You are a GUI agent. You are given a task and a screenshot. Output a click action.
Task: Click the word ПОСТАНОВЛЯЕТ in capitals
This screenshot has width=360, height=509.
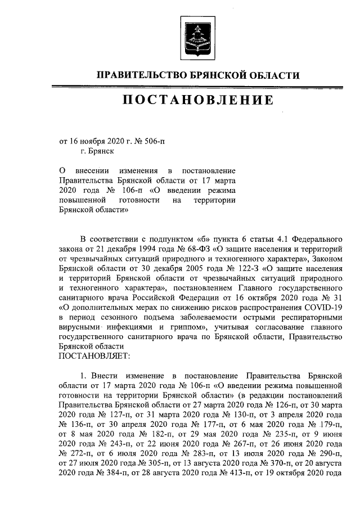pyautogui.click(x=93, y=356)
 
